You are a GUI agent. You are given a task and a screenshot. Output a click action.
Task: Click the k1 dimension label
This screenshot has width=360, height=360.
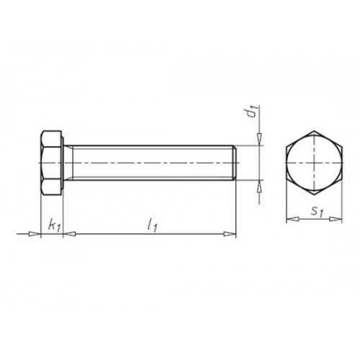click(x=54, y=226)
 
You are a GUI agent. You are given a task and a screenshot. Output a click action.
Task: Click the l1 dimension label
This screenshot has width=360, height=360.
click(x=153, y=226)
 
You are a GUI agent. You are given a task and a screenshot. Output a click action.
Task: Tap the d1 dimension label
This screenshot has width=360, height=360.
click(x=253, y=112)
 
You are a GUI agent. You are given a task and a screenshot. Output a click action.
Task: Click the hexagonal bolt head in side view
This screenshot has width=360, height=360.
click(x=51, y=163)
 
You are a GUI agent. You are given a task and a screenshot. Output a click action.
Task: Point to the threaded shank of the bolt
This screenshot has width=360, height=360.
click(x=150, y=163)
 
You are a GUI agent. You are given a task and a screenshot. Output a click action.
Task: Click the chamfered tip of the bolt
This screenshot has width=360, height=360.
click(x=235, y=163)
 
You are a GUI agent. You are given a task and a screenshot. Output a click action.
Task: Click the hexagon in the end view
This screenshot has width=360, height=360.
click(x=315, y=163)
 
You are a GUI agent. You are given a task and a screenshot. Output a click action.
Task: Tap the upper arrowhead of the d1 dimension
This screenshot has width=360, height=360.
click(x=259, y=139)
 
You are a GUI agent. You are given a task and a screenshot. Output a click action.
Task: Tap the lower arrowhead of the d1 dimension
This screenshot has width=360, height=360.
click(x=259, y=186)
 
